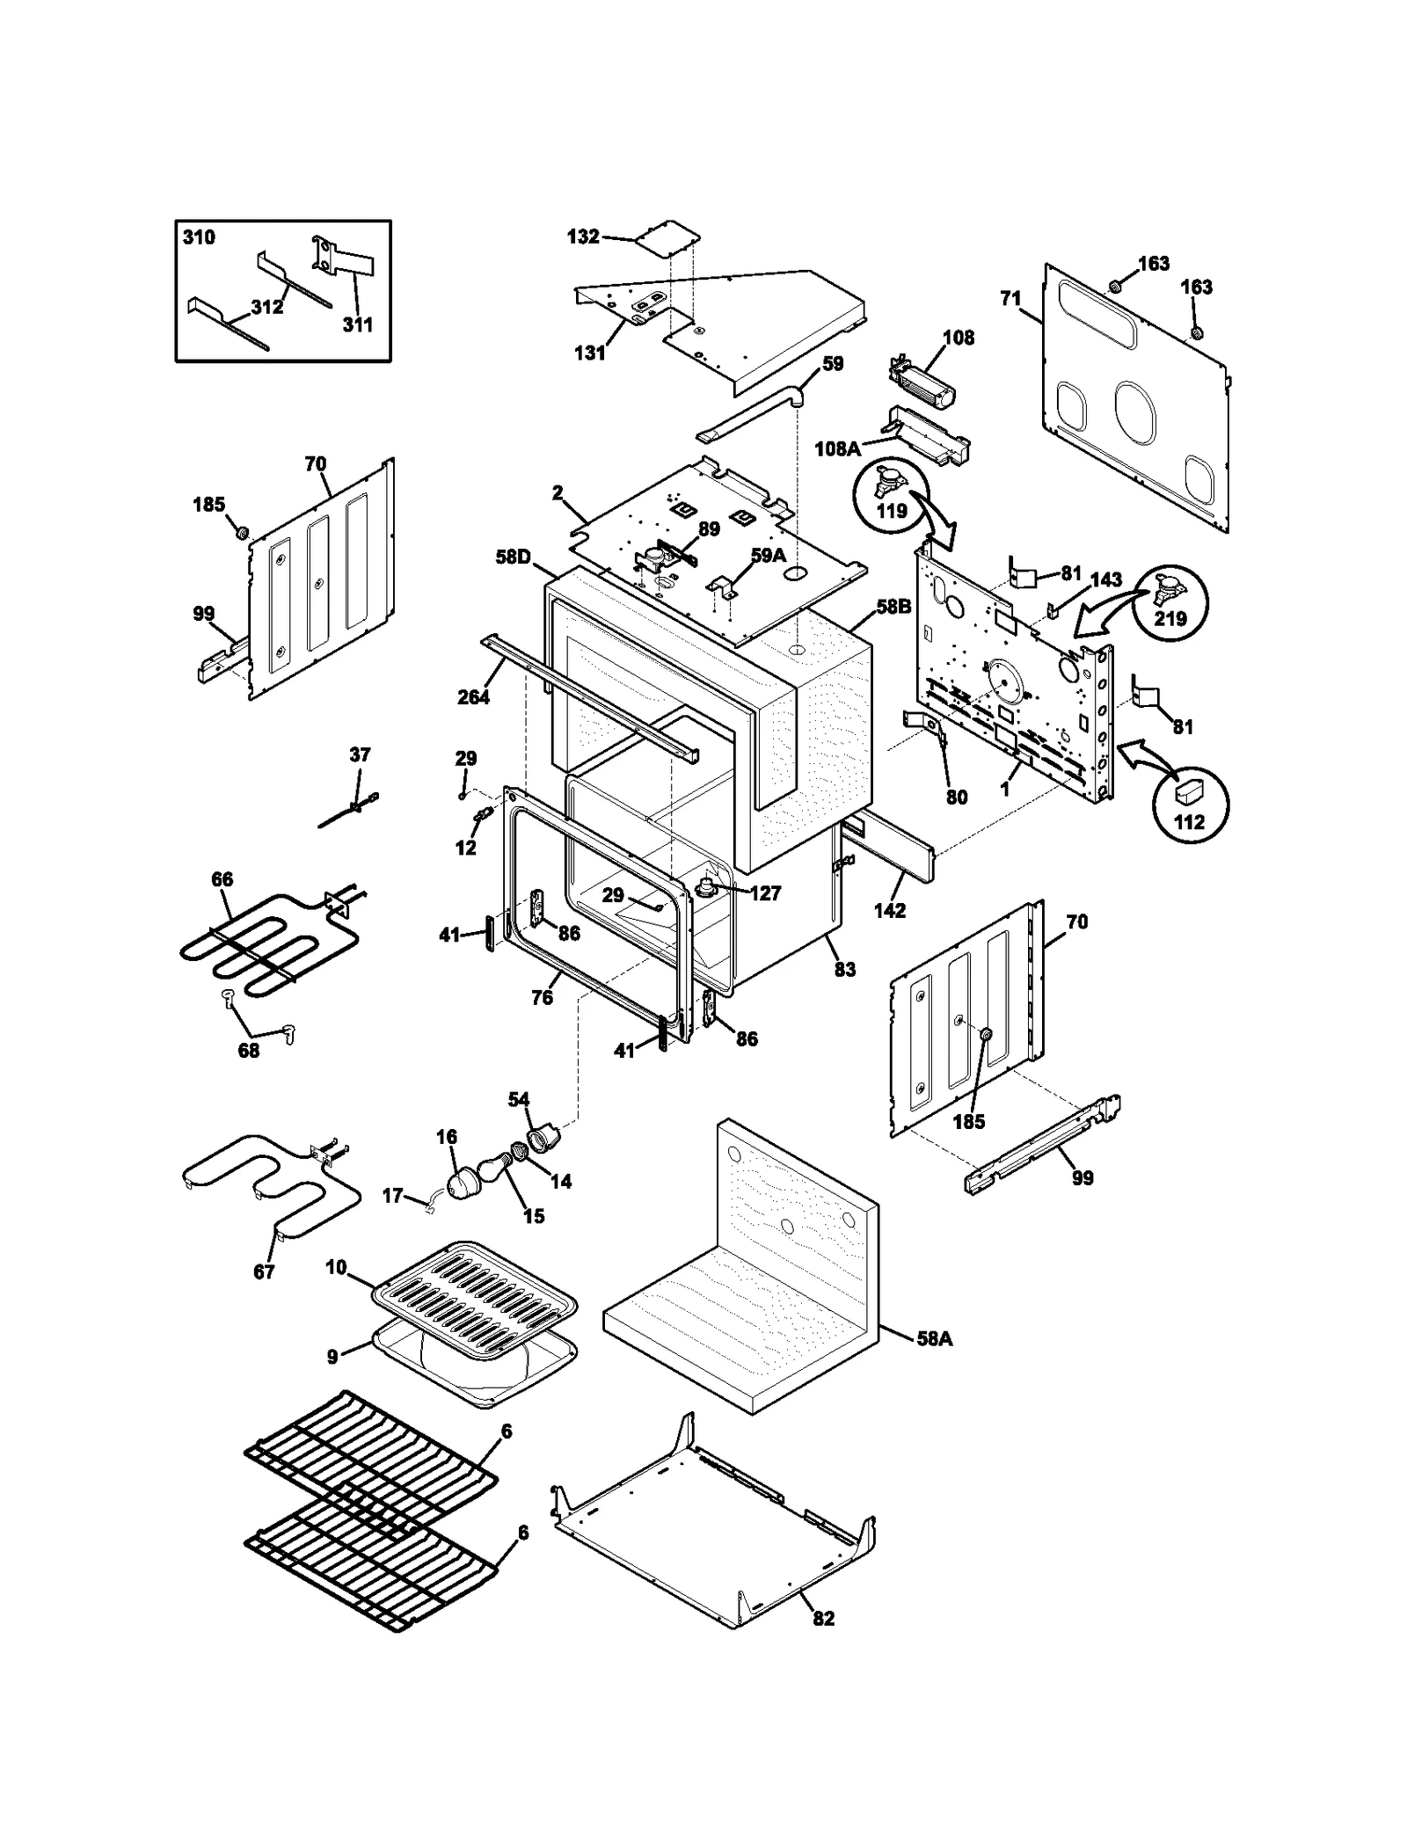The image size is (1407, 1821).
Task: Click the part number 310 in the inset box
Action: click(199, 237)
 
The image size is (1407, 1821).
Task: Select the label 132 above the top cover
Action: click(583, 237)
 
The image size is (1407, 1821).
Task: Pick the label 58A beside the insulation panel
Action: click(934, 1338)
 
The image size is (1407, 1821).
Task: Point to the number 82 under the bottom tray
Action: click(823, 1618)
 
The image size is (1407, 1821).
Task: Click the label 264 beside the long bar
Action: click(473, 697)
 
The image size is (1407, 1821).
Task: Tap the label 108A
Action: click(837, 449)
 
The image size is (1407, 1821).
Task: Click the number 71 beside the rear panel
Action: click(1010, 298)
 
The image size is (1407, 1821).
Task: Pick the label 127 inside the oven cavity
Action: click(765, 893)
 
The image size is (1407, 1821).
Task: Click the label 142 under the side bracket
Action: click(889, 910)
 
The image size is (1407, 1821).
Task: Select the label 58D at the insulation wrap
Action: click(513, 557)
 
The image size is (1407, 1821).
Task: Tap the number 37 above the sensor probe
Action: click(360, 754)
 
